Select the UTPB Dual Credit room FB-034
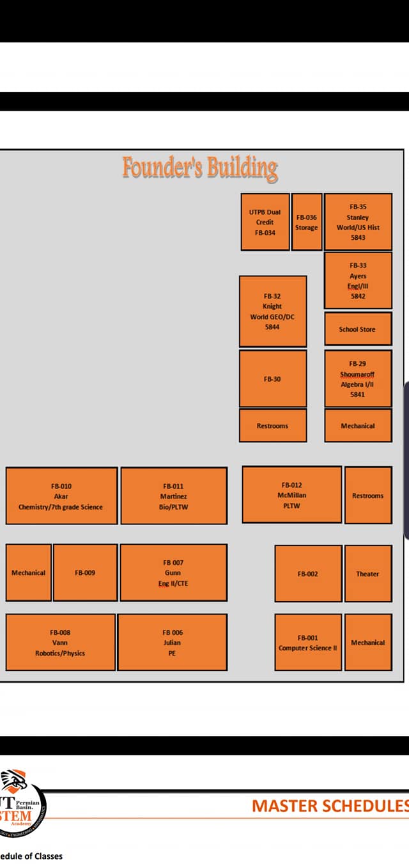click(x=265, y=222)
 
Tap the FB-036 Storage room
click(x=307, y=222)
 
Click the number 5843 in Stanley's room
click(x=358, y=238)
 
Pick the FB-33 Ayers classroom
click(x=358, y=280)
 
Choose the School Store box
click(x=358, y=329)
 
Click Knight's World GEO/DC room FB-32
click(x=273, y=311)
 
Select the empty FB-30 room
click(x=273, y=379)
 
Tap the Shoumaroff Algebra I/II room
click(x=358, y=379)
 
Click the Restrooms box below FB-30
click(x=273, y=426)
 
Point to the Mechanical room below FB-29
click(x=358, y=426)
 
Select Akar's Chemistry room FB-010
click(x=62, y=496)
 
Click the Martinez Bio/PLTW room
click(x=174, y=496)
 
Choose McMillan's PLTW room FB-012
click(x=292, y=495)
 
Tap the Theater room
click(x=368, y=574)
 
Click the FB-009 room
click(x=85, y=573)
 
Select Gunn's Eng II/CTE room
click(x=174, y=573)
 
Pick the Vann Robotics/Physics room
click(x=61, y=643)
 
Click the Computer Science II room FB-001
click(x=308, y=643)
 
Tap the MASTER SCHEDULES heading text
click(x=330, y=806)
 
